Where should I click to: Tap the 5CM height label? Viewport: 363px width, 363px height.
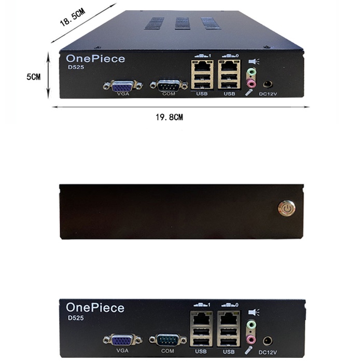click(33, 77)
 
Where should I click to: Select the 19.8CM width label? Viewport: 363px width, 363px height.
click(170, 118)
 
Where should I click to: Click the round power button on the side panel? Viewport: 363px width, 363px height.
click(286, 208)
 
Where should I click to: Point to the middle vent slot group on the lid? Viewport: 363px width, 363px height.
click(182, 23)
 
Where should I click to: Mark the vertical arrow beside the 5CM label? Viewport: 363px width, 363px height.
click(48, 75)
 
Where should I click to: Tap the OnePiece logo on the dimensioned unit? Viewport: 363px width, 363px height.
click(95, 59)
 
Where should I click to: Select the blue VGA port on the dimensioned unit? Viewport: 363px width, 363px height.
click(123, 85)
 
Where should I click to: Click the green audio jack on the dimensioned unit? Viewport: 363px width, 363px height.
click(252, 73)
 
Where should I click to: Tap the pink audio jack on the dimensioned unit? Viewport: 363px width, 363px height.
click(252, 82)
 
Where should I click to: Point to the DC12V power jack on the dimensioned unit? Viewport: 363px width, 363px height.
click(268, 83)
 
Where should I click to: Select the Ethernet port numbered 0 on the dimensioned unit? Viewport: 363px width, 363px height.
click(228, 66)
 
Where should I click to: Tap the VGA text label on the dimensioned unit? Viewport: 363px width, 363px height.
click(123, 94)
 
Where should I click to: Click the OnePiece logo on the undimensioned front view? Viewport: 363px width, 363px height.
click(95, 308)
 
